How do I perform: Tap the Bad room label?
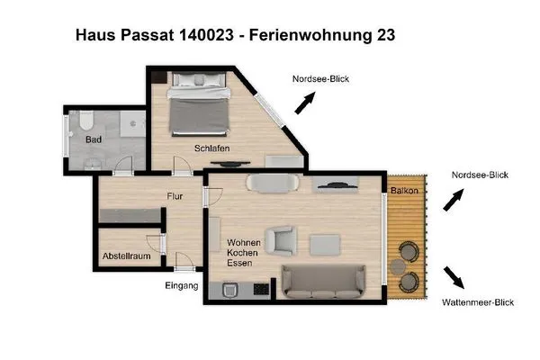tap(93, 139)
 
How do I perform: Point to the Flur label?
tap(175, 195)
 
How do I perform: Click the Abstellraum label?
tap(126, 256)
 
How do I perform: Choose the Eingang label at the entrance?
tap(181, 286)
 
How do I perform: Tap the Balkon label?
tap(403, 191)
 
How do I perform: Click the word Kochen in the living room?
tap(244, 253)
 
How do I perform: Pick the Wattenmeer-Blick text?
tap(478, 302)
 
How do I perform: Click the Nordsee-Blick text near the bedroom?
tap(320, 79)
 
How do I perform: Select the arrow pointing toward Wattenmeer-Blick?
tap(454, 274)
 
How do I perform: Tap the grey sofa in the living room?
tap(324, 282)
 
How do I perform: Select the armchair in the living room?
tap(284, 240)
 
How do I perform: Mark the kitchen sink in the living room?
tap(230, 290)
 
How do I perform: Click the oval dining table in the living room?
tap(272, 184)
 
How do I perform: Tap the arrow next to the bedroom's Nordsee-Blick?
tap(307, 103)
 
